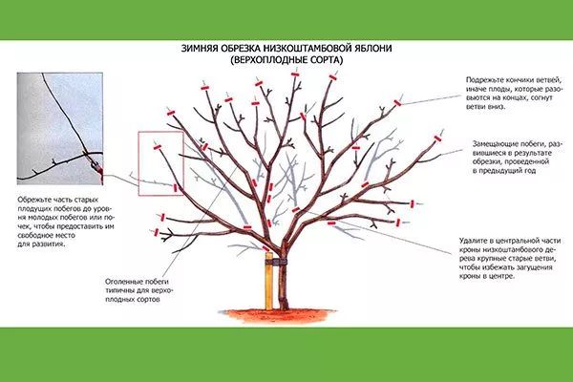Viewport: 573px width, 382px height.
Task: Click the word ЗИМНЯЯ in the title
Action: (200, 49)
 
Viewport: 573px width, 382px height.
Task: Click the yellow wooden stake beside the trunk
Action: (269, 281)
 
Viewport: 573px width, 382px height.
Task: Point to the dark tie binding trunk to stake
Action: (276, 262)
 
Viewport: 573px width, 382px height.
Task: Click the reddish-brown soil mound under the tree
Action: (281, 315)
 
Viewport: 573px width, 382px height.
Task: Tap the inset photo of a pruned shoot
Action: (60, 128)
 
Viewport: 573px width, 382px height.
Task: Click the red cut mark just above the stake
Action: (266, 248)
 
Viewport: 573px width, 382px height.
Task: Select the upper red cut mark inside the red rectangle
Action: (158, 147)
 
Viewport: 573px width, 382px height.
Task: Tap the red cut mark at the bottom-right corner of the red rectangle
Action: (176, 188)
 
